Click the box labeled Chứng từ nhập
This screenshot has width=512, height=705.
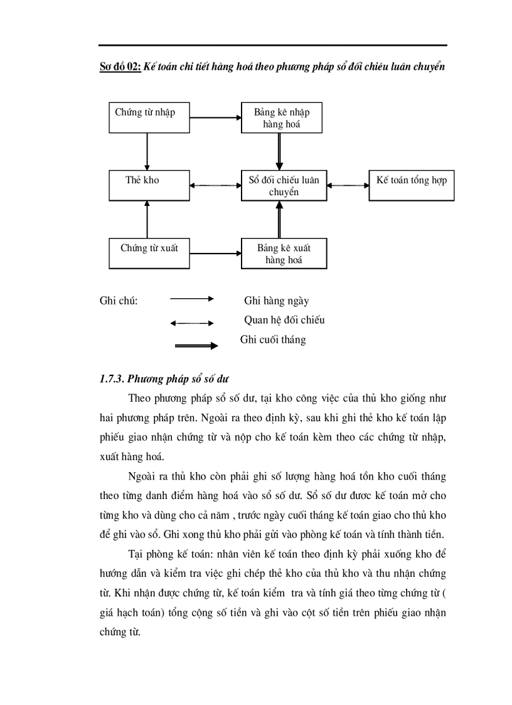pos(149,117)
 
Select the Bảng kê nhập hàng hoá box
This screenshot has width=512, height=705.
pos(282,118)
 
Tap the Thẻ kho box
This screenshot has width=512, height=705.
pos(149,185)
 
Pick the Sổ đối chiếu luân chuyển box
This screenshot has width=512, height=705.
pos(284,185)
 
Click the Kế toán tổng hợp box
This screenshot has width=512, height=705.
pos(411,185)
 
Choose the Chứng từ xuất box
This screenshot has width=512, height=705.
pos(149,254)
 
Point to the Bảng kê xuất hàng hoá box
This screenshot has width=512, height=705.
pos(284,254)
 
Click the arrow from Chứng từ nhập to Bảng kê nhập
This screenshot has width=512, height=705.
pos(215,117)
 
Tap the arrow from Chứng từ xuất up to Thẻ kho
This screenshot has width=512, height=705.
pos(147,219)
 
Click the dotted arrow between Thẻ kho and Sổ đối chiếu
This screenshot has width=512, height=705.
pos(215,185)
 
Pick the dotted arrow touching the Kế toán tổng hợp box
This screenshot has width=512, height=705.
pos(348,185)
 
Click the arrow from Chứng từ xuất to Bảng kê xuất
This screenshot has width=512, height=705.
pos(215,254)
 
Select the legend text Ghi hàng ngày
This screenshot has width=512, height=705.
pos(276,301)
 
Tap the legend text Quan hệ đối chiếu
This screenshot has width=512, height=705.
pos(284,320)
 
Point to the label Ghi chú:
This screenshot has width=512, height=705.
pos(119,301)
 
